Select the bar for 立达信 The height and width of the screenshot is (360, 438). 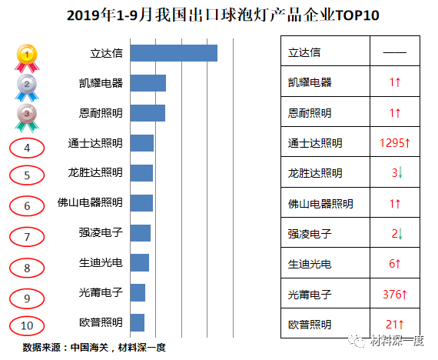click(174, 53)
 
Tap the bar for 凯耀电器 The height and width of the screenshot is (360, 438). click(148, 83)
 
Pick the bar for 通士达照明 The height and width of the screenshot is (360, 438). click(142, 143)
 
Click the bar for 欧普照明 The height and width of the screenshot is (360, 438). click(138, 322)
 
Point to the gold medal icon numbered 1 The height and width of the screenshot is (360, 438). click(28, 56)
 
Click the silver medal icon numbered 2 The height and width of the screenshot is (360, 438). click(28, 85)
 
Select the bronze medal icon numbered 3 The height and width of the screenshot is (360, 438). click(28, 115)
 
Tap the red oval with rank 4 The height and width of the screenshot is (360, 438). click(28, 147)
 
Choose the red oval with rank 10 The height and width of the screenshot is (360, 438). click(28, 325)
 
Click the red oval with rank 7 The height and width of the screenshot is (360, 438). click(28, 237)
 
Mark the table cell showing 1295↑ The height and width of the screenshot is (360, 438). click(396, 143)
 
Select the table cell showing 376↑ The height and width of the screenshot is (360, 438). click(396, 293)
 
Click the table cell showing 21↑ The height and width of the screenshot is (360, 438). click(396, 323)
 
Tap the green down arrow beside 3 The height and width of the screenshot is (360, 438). click(400, 173)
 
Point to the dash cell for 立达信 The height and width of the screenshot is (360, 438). click(395, 53)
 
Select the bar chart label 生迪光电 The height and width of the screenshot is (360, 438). click(101, 263)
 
